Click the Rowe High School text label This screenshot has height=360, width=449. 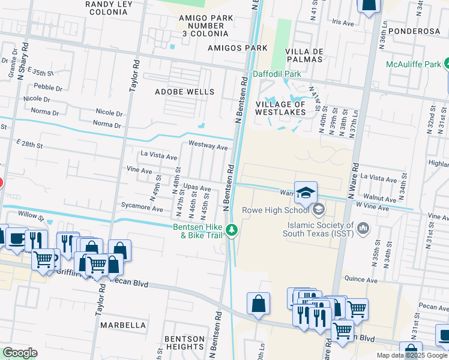276,210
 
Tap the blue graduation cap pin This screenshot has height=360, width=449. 306,192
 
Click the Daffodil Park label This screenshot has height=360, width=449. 276,74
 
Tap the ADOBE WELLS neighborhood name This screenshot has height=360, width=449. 184,92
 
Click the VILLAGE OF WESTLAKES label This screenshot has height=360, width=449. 281,108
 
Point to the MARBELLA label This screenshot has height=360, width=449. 123,325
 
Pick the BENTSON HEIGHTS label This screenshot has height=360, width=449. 185,343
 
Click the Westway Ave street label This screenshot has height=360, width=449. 208,146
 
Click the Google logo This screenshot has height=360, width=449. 20,353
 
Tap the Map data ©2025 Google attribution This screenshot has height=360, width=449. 411,355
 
